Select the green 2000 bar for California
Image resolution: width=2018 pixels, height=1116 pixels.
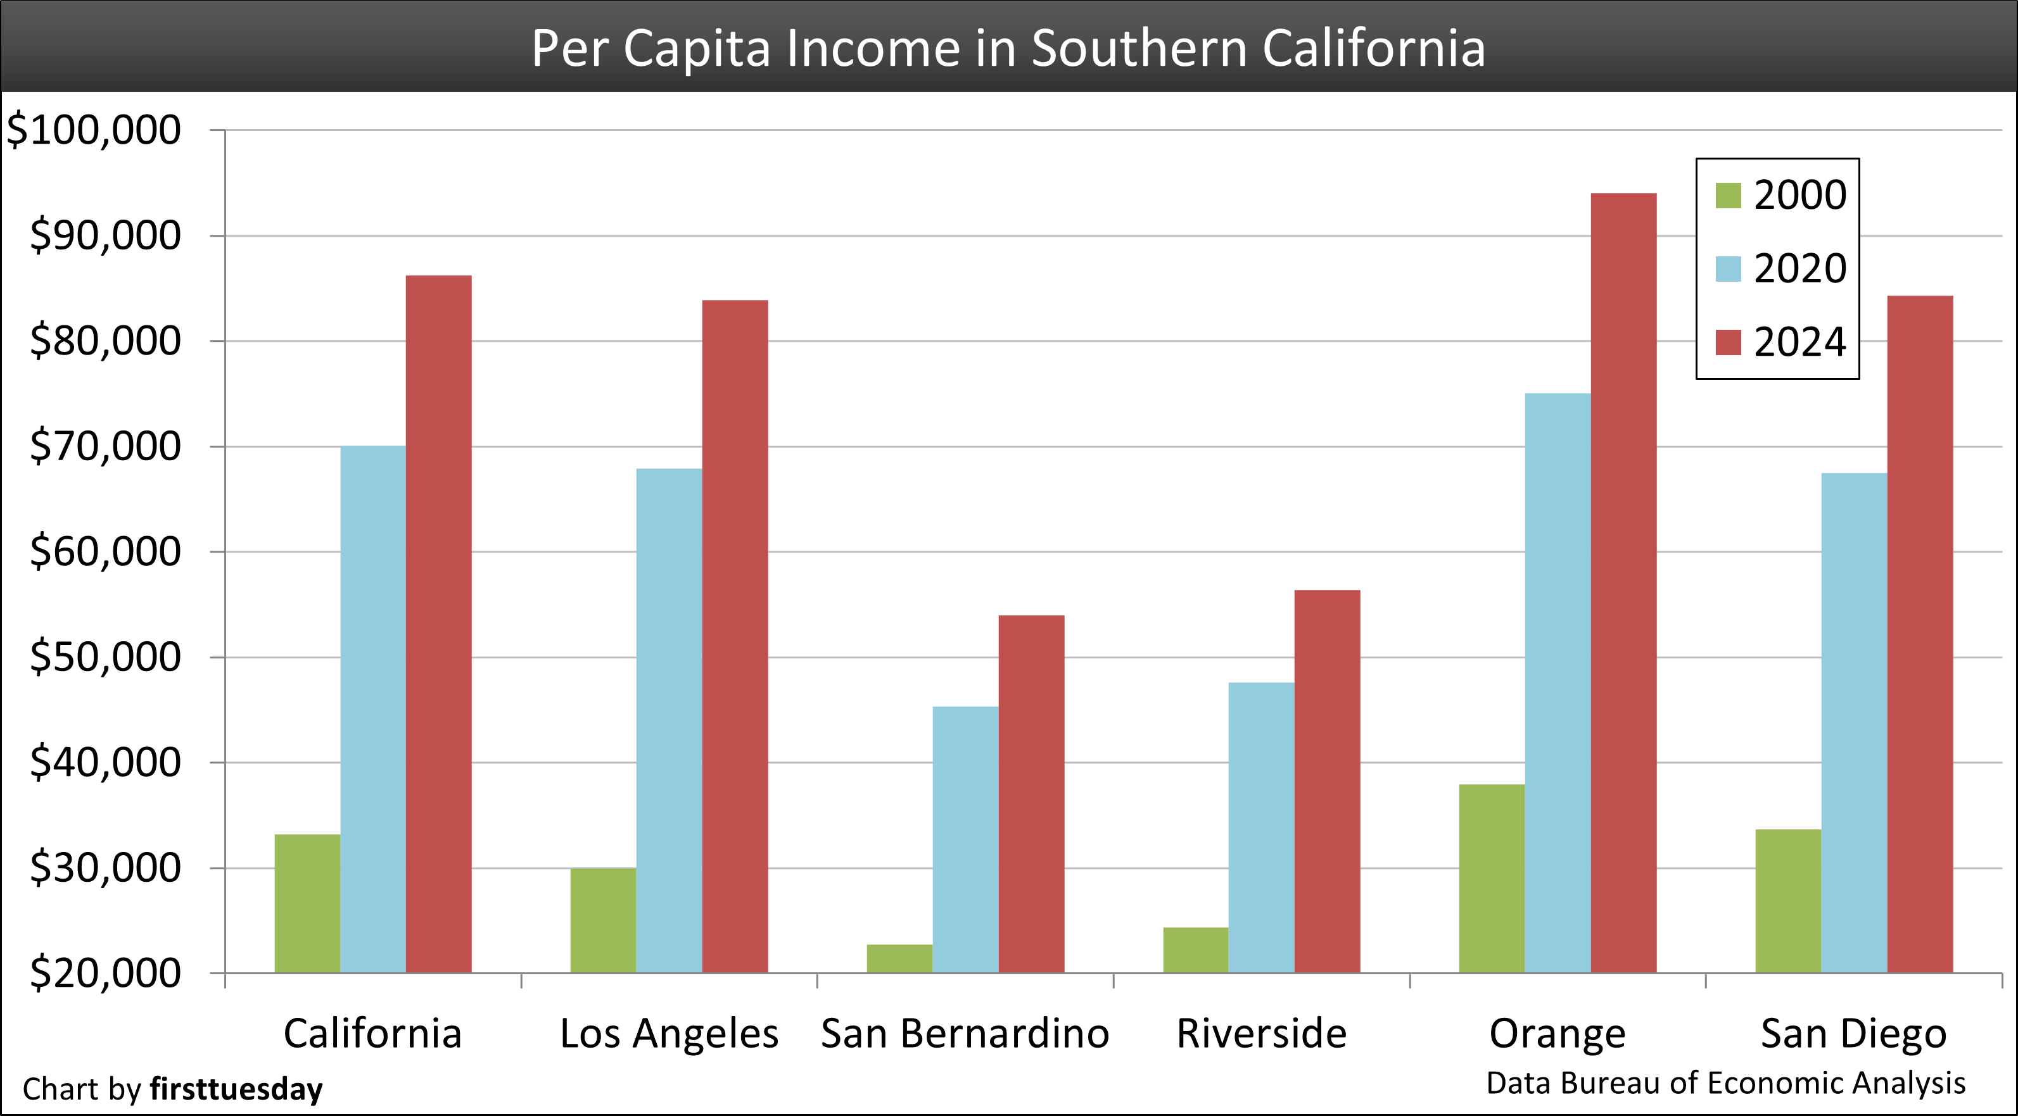(307, 904)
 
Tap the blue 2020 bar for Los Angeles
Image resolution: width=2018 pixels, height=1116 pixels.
(669, 720)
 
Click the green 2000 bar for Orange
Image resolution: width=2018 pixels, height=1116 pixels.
(1492, 879)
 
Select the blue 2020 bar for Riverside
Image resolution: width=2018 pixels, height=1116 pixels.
(1261, 828)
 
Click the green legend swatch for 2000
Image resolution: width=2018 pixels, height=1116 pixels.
(1728, 196)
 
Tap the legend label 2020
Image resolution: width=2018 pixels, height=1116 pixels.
(1799, 268)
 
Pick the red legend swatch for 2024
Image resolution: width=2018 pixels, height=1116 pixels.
(1728, 342)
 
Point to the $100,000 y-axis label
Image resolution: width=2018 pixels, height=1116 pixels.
(94, 130)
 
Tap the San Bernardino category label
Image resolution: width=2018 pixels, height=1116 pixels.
(965, 1034)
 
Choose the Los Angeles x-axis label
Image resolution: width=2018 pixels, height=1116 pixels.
(669, 1034)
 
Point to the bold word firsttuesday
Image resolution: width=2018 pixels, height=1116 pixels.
(236, 1089)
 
